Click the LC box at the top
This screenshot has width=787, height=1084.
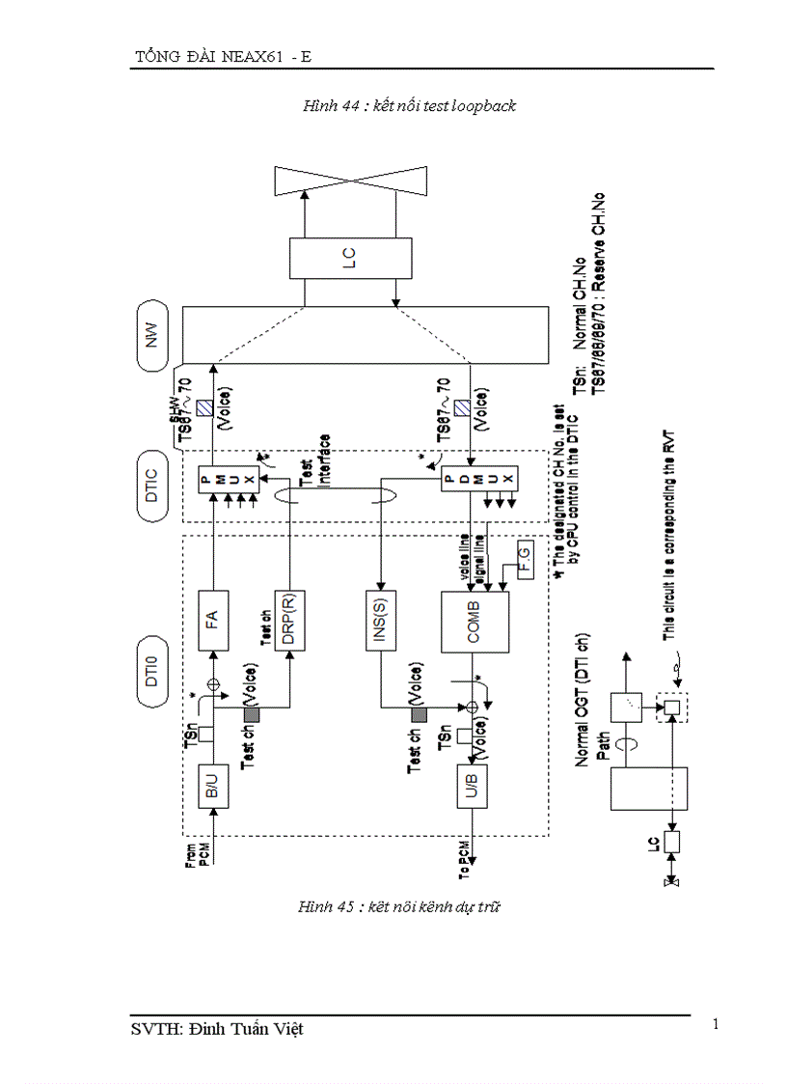click(x=349, y=259)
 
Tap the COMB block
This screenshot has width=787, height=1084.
click(x=473, y=622)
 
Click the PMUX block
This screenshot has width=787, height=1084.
click(x=229, y=481)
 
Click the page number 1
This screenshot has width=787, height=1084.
click(x=716, y=1024)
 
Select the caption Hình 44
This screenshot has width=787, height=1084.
click(x=409, y=106)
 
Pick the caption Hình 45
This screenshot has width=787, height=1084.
click(x=399, y=906)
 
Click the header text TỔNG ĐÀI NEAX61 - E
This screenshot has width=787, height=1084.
click(x=223, y=57)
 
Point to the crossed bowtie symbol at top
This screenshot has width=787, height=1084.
click(x=349, y=179)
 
